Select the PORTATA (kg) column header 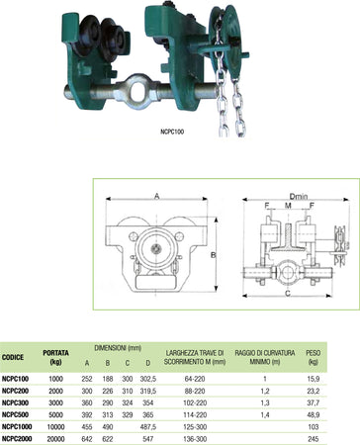click(x=56, y=358)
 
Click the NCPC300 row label click(x=18, y=391)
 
